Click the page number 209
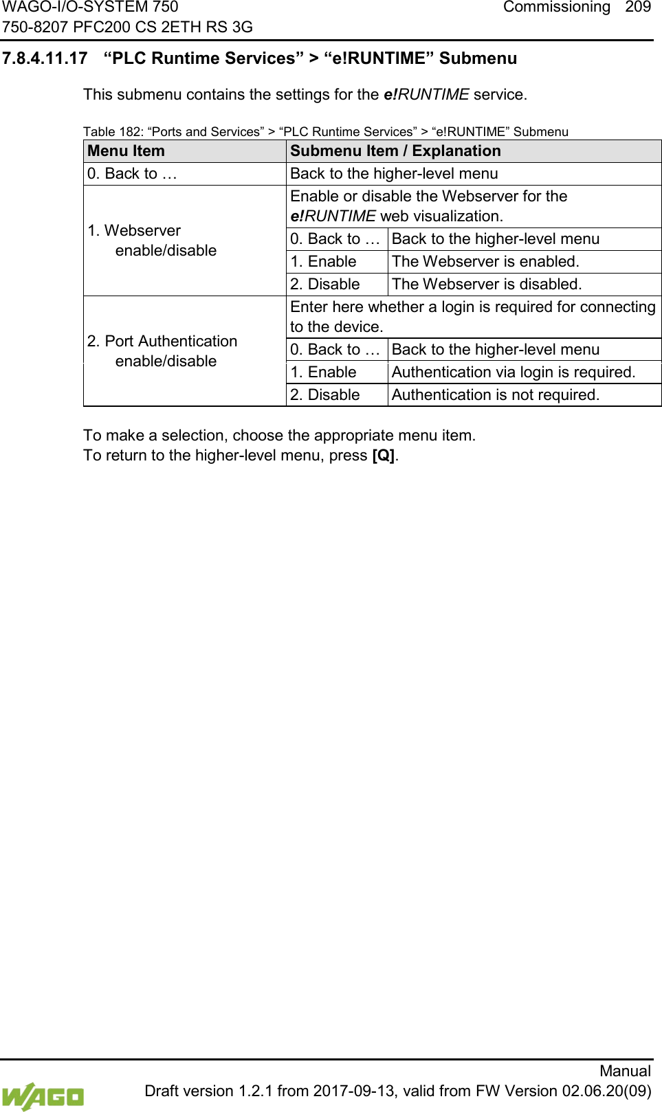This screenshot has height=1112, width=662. pyautogui.click(x=637, y=8)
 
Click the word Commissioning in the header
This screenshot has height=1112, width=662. pyautogui.click(x=556, y=8)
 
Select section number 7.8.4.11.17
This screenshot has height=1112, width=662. pyautogui.click(x=45, y=58)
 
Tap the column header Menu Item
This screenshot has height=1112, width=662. pyautogui.click(x=126, y=151)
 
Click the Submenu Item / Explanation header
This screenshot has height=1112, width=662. pyautogui.click(x=395, y=151)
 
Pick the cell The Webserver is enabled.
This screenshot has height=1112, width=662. pyautogui.click(x=485, y=262)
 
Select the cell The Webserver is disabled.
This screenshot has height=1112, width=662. pyautogui.click(x=487, y=285)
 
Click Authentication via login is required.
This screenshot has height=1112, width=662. pyautogui.click(x=513, y=372)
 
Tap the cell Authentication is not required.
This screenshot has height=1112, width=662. pyautogui.click(x=495, y=395)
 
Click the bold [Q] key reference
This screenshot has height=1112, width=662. pyautogui.click(x=383, y=456)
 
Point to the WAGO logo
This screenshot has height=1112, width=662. pyautogui.click(x=43, y=1096)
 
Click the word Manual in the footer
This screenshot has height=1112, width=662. pyautogui.click(x=624, y=1071)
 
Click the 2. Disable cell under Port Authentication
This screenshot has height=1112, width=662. pyautogui.click(x=325, y=395)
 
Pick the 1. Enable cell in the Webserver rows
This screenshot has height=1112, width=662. pyautogui.click(x=323, y=262)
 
